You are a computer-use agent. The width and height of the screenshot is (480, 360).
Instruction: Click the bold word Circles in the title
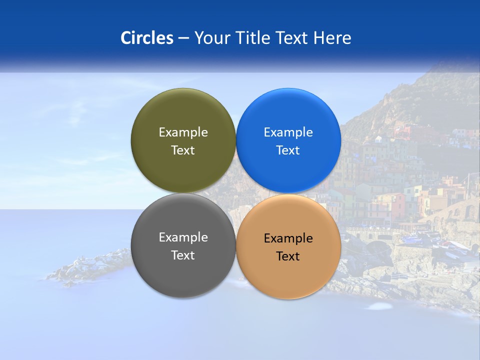click(147, 38)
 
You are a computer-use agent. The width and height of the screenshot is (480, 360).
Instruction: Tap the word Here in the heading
click(332, 38)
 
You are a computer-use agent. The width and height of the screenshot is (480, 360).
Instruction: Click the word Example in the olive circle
click(183, 132)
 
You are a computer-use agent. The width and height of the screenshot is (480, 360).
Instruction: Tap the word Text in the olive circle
click(183, 150)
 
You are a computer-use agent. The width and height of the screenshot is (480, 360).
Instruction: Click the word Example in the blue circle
click(288, 132)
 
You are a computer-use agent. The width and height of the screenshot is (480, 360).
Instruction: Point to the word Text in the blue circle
click(288, 150)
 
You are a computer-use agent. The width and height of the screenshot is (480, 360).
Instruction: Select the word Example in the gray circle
click(183, 237)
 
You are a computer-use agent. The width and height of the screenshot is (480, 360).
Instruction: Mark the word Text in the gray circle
click(183, 255)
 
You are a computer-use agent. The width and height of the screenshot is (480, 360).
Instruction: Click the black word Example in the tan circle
click(288, 238)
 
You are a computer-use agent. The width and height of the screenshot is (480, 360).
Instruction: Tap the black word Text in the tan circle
click(288, 256)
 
